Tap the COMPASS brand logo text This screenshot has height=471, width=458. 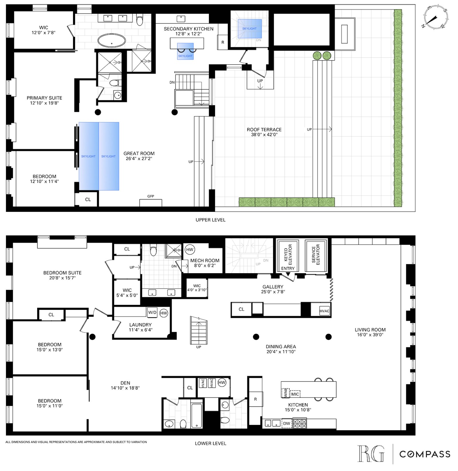click(x=425, y=454)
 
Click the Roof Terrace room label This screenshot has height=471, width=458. click(x=264, y=129)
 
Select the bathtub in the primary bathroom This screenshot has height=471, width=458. click(x=112, y=41)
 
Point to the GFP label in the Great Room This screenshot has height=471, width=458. click(x=151, y=196)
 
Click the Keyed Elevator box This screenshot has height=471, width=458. click(x=288, y=256)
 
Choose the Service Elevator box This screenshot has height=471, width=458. click(x=316, y=256)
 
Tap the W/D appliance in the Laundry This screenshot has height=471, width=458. click(x=152, y=312)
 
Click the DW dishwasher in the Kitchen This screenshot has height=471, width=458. click(x=287, y=423)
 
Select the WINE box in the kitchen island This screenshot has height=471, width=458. click(x=286, y=393)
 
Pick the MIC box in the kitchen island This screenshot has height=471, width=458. click(x=295, y=394)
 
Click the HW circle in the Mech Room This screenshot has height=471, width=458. click(x=190, y=250)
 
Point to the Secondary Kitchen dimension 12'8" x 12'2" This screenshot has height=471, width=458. click(x=189, y=34)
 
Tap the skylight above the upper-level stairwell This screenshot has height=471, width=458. click(x=250, y=29)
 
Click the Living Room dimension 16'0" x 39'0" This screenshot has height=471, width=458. click(x=370, y=335)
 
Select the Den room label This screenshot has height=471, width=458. click(x=125, y=383)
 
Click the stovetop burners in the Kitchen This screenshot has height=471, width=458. click(x=299, y=424)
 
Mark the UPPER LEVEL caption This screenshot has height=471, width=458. click(x=210, y=220)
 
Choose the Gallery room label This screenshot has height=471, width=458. click(x=273, y=287)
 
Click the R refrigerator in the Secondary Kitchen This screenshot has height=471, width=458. click(x=223, y=42)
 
